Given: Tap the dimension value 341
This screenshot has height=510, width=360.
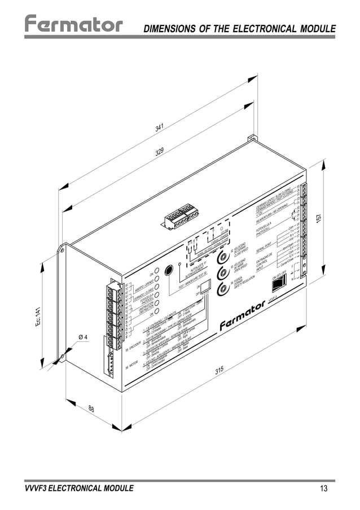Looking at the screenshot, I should click(160, 129).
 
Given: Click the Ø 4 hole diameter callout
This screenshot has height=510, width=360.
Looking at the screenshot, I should click(82, 337).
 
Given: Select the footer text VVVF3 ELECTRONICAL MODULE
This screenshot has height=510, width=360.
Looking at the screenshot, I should click(79, 489).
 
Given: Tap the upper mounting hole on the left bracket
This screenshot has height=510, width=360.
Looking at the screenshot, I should click(63, 248).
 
